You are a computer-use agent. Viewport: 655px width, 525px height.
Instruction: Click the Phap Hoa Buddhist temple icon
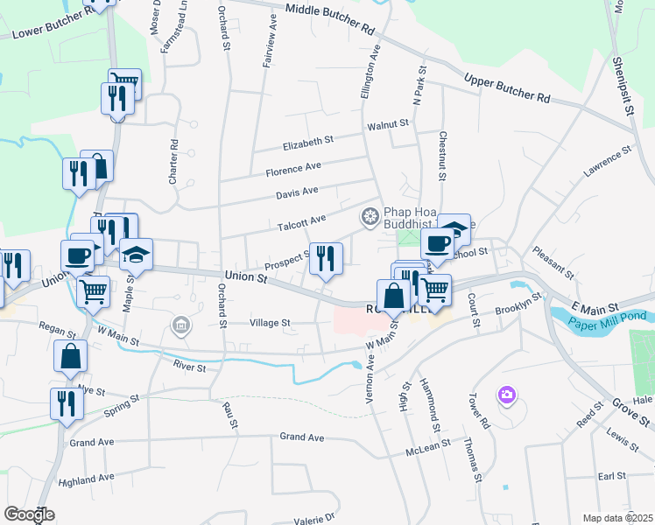click(370, 215)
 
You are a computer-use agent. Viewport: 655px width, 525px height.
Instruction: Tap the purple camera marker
click(506, 396)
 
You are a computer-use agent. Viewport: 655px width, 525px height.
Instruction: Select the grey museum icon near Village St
click(181, 326)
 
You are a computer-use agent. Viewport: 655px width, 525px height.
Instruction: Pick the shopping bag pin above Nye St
click(70, 357)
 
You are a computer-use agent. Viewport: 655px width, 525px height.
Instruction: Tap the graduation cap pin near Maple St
click(136, 255)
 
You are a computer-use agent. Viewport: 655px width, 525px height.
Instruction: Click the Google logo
click(29, 514)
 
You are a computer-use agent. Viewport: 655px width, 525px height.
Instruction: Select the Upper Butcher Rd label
click(506, 87)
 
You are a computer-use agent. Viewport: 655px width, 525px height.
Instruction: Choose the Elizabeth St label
click(307, 140)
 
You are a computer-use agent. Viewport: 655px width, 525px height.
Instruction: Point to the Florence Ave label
click(293, 167)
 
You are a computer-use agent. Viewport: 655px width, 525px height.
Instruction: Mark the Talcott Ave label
click(301, 222)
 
